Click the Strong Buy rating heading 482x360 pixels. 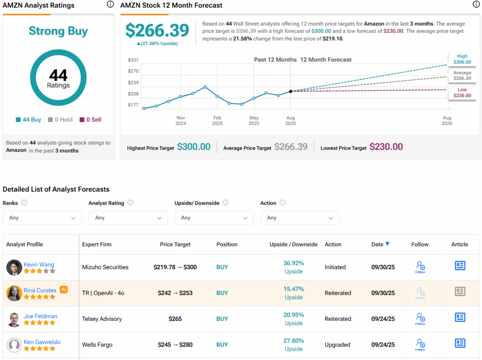click(58, 31)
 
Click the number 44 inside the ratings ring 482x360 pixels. click(58, 75)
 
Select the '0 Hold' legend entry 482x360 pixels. click(60, 120)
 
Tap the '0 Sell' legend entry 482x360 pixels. click(90, 120)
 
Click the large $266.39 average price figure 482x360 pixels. click(157, 31)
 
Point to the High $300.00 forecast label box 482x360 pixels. click(462, 59)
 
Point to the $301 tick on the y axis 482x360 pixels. click(133, 60)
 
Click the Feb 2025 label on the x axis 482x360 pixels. click(217, 120)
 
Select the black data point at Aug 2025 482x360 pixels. click(290, 91)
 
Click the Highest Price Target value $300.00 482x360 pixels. click(193, 147)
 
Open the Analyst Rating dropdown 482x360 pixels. click(128, 218)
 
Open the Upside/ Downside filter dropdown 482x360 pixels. click(214, 218)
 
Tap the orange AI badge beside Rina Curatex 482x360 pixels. click(64, 290)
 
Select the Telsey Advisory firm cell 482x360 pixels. click(102, 319)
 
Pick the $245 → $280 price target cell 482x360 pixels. click(175, 344)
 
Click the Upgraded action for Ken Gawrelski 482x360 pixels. click(337, 344)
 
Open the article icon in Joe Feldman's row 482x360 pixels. click(460, 317)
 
